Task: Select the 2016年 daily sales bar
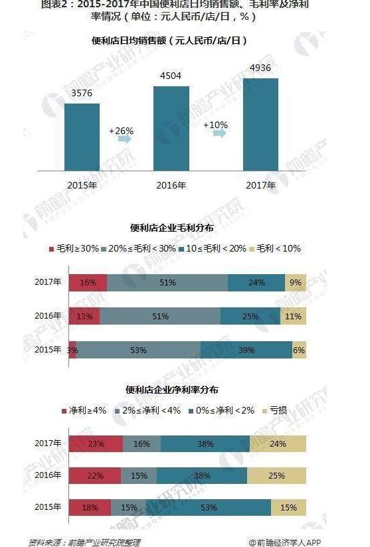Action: coord(171,126)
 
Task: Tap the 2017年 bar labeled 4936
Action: coord(260,122)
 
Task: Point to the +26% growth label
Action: coord(122,131)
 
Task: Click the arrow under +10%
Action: coord(219,134)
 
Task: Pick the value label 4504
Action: coord(171,76)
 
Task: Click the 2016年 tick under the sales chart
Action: coord(171,185)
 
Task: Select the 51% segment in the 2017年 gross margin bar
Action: coord(167,282)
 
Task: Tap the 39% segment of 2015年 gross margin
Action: coord(246,350)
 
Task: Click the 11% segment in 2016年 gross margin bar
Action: coord(294,316)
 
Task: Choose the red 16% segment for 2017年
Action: coord(88,282)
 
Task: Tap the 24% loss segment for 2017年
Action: coord(278,444)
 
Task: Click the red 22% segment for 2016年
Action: coord(95,475)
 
